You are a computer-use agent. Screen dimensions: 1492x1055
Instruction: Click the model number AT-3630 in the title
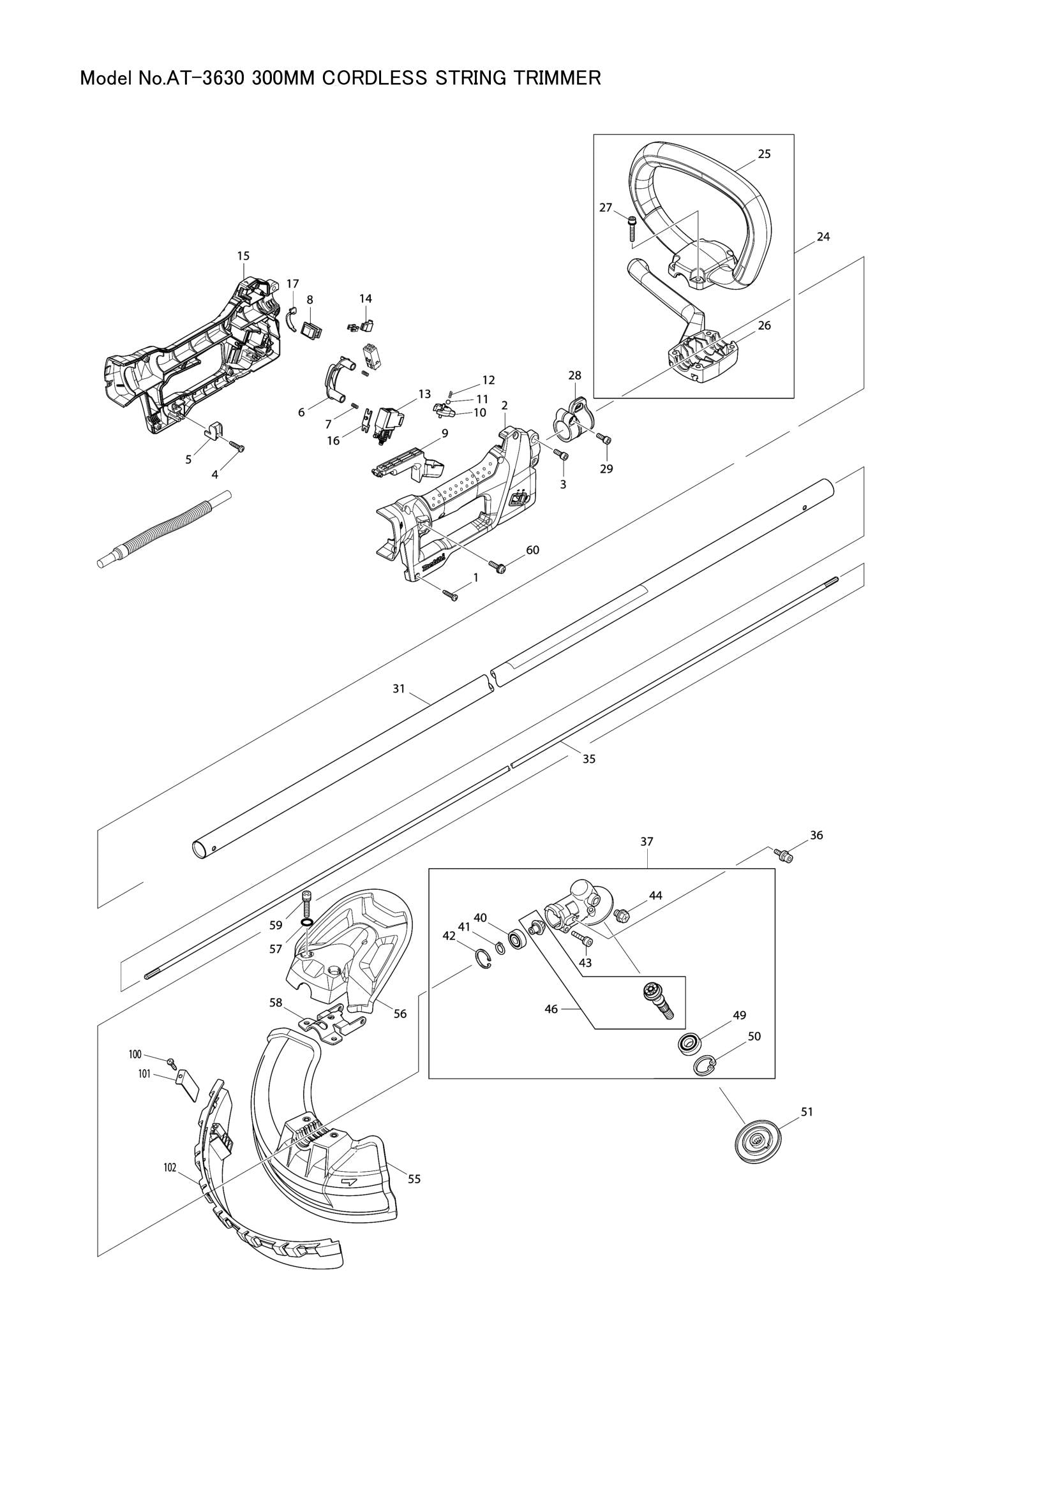[205, 79]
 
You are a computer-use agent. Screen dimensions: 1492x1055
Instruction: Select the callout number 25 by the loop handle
[764, 154]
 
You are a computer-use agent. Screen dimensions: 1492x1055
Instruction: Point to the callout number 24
[823, 237]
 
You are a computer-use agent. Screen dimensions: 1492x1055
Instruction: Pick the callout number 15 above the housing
[243, 256]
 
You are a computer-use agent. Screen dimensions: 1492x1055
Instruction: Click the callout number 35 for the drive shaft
[589, 758]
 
